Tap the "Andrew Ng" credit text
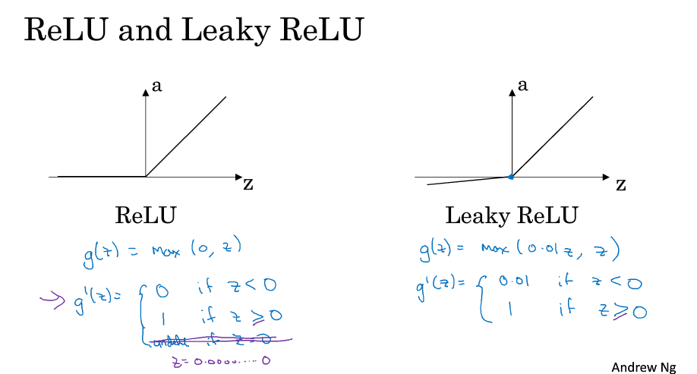(x=644, y=366)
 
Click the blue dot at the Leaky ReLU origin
(x=511, y=177)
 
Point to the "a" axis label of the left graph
(x=157, y=86)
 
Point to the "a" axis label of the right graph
(x=522, y=85)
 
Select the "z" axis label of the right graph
(x=620, y=184)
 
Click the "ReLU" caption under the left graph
(x=145, y=215)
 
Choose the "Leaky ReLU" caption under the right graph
(x=511, y=215)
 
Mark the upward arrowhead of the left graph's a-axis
(x=145, y=91)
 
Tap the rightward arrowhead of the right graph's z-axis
(x=605, y=177)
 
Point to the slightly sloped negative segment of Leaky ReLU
(x=463, y=181)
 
